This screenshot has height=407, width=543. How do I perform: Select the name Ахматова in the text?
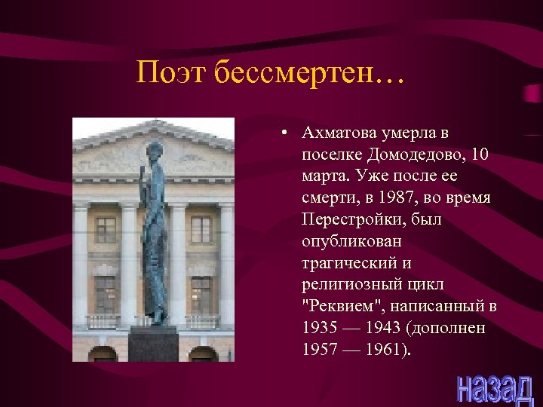pos(336,133)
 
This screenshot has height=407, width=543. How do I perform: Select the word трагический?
pos(345,263)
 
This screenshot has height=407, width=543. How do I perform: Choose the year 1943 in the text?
pos(388,329)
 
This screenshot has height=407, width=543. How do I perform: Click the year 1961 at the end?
pos(388,350)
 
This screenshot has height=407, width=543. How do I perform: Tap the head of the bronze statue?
pos(155,148)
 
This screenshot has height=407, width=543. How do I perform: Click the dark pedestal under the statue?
pos(152,344)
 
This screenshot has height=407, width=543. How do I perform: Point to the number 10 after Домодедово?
pos(480,155)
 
